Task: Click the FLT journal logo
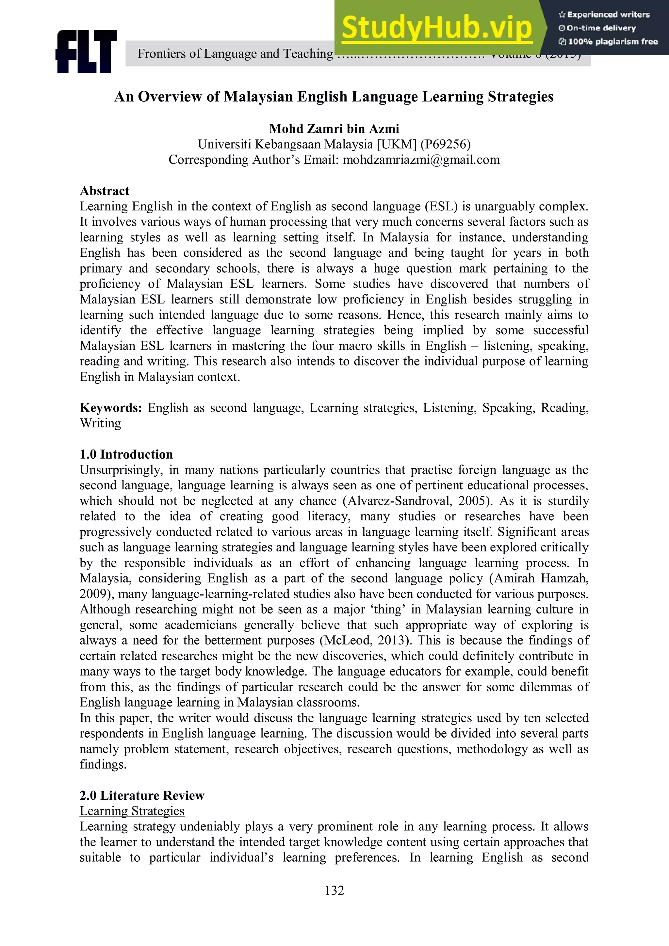[x=86, y=52]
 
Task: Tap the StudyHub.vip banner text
[x=437, y=28]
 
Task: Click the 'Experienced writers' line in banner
[x=604, y=14]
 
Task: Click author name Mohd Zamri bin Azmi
[x=334, y=129]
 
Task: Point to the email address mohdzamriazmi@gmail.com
[x=421, y=159]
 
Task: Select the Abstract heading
[x=104, y=191]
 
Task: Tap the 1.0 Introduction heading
[x=126, y=454]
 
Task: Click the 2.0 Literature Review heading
[x=142, y=795]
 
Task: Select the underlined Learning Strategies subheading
[x=132, y=811]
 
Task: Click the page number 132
[x=334, y=890]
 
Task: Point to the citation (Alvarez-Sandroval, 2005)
[x=417, y=501]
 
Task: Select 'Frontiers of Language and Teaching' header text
[x=235, y=54]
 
